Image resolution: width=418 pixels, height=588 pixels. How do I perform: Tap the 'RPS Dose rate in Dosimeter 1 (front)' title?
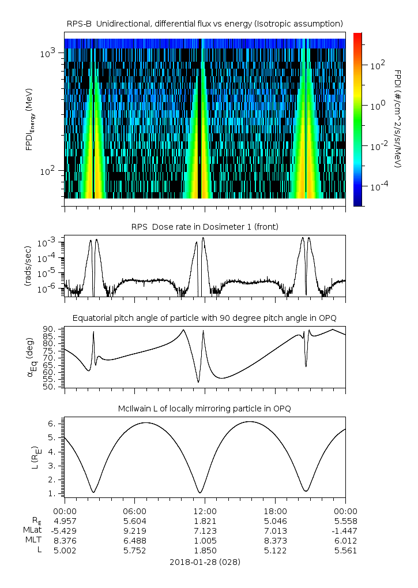(x=205, y=227)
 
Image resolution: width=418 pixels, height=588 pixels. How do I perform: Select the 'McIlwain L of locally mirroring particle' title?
(x=205, y=409)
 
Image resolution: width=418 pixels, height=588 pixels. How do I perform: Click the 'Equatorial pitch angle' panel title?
(x=205, y=318)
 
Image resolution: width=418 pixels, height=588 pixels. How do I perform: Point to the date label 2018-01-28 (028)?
(x=205, y=561)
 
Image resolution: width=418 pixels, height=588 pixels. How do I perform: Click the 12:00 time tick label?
(x=205, y=511)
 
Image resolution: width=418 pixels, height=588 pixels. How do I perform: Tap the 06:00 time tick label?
(x=134, y=511)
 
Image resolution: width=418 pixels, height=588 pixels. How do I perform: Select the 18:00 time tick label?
(x=275, y=511)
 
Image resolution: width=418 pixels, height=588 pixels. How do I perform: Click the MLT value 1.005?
(x=205, y=541)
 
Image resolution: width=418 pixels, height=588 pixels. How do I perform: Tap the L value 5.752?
(x=134, y=550)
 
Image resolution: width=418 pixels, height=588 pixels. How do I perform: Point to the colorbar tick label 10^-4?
(x=377, y=188)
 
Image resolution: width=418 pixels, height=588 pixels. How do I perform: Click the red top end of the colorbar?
(x=357, y=36)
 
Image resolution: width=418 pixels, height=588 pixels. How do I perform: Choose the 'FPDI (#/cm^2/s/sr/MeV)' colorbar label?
(x=398, y=119)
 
